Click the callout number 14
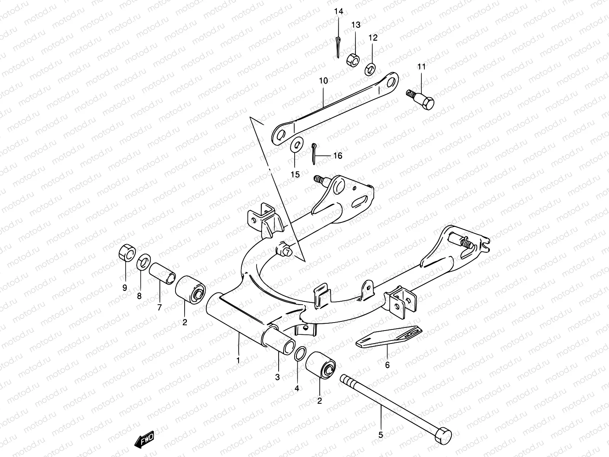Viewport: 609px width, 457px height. click(338, 11)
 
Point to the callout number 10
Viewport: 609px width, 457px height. click(323, 81)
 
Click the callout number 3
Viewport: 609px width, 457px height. click(277, 377)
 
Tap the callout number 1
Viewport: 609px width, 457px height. click(238, 360)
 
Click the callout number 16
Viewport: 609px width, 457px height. click(338, 156)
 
